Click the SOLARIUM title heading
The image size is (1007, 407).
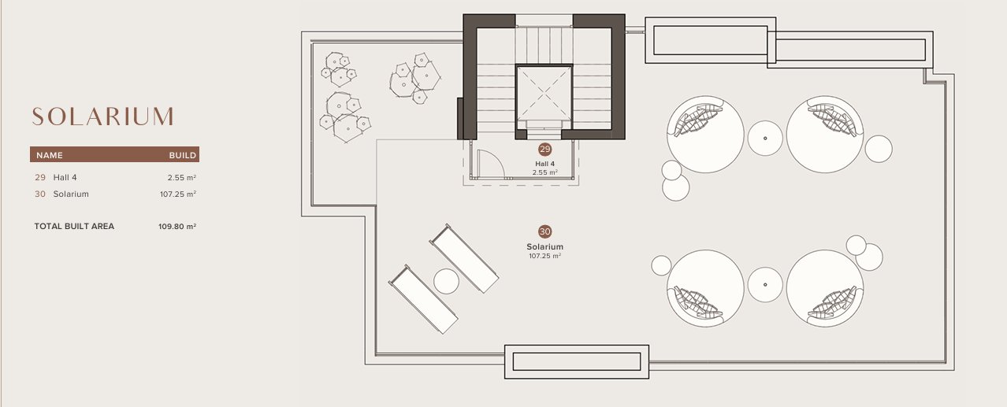click(x=102, y=117)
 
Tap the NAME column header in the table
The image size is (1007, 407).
click(x=50, y=155)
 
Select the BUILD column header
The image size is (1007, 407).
click(x=183, y=155)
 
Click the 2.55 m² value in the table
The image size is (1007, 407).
click(x=182, y=177)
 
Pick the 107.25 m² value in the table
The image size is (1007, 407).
click(x=178, y=194)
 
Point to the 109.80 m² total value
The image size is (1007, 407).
click(x=177, y=227)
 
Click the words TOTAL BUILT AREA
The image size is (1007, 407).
click(x=74, y=227)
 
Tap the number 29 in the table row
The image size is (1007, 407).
click(x=40, y=177)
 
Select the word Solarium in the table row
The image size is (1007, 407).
click(x=71, y=194)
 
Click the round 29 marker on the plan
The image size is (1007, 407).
click(x=544, y=149)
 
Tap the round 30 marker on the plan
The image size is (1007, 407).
click(x=544, y=231)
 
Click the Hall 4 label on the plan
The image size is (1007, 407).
click(x=544, y=164)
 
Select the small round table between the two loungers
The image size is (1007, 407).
click(x=447, y=281)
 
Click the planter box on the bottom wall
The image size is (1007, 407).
click(x=576, y=361)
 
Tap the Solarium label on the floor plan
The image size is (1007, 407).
click(x=544, y=246)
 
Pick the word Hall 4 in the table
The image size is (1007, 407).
click(x=65, y=177)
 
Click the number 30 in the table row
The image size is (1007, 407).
click(x=40, y=194)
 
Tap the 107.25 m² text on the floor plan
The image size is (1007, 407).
click(x=544, y=256)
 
